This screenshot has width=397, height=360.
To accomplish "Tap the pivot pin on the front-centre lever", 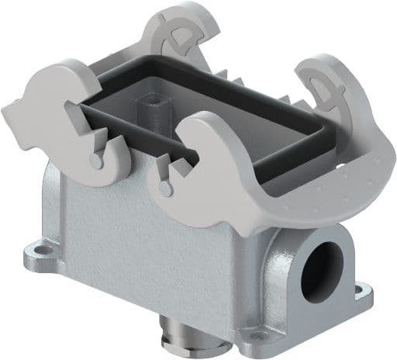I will (x=164, y=188).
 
